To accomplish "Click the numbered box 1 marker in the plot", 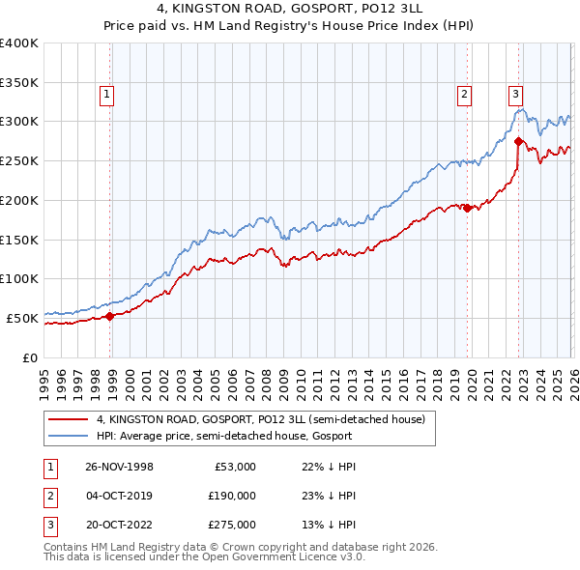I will click(105, 94).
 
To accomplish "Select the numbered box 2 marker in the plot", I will click(465, 94).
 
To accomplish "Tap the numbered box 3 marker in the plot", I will click(515, 94).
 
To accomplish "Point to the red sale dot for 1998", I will click(110, 315).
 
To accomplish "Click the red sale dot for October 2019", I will click(467, 208).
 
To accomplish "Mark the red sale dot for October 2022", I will click(519, 141).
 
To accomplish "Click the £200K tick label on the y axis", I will click(20, 200).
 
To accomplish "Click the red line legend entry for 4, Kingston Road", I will click(260, 419).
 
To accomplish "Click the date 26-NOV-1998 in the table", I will click(119, 467).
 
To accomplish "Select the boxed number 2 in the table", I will click(49, 496).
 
